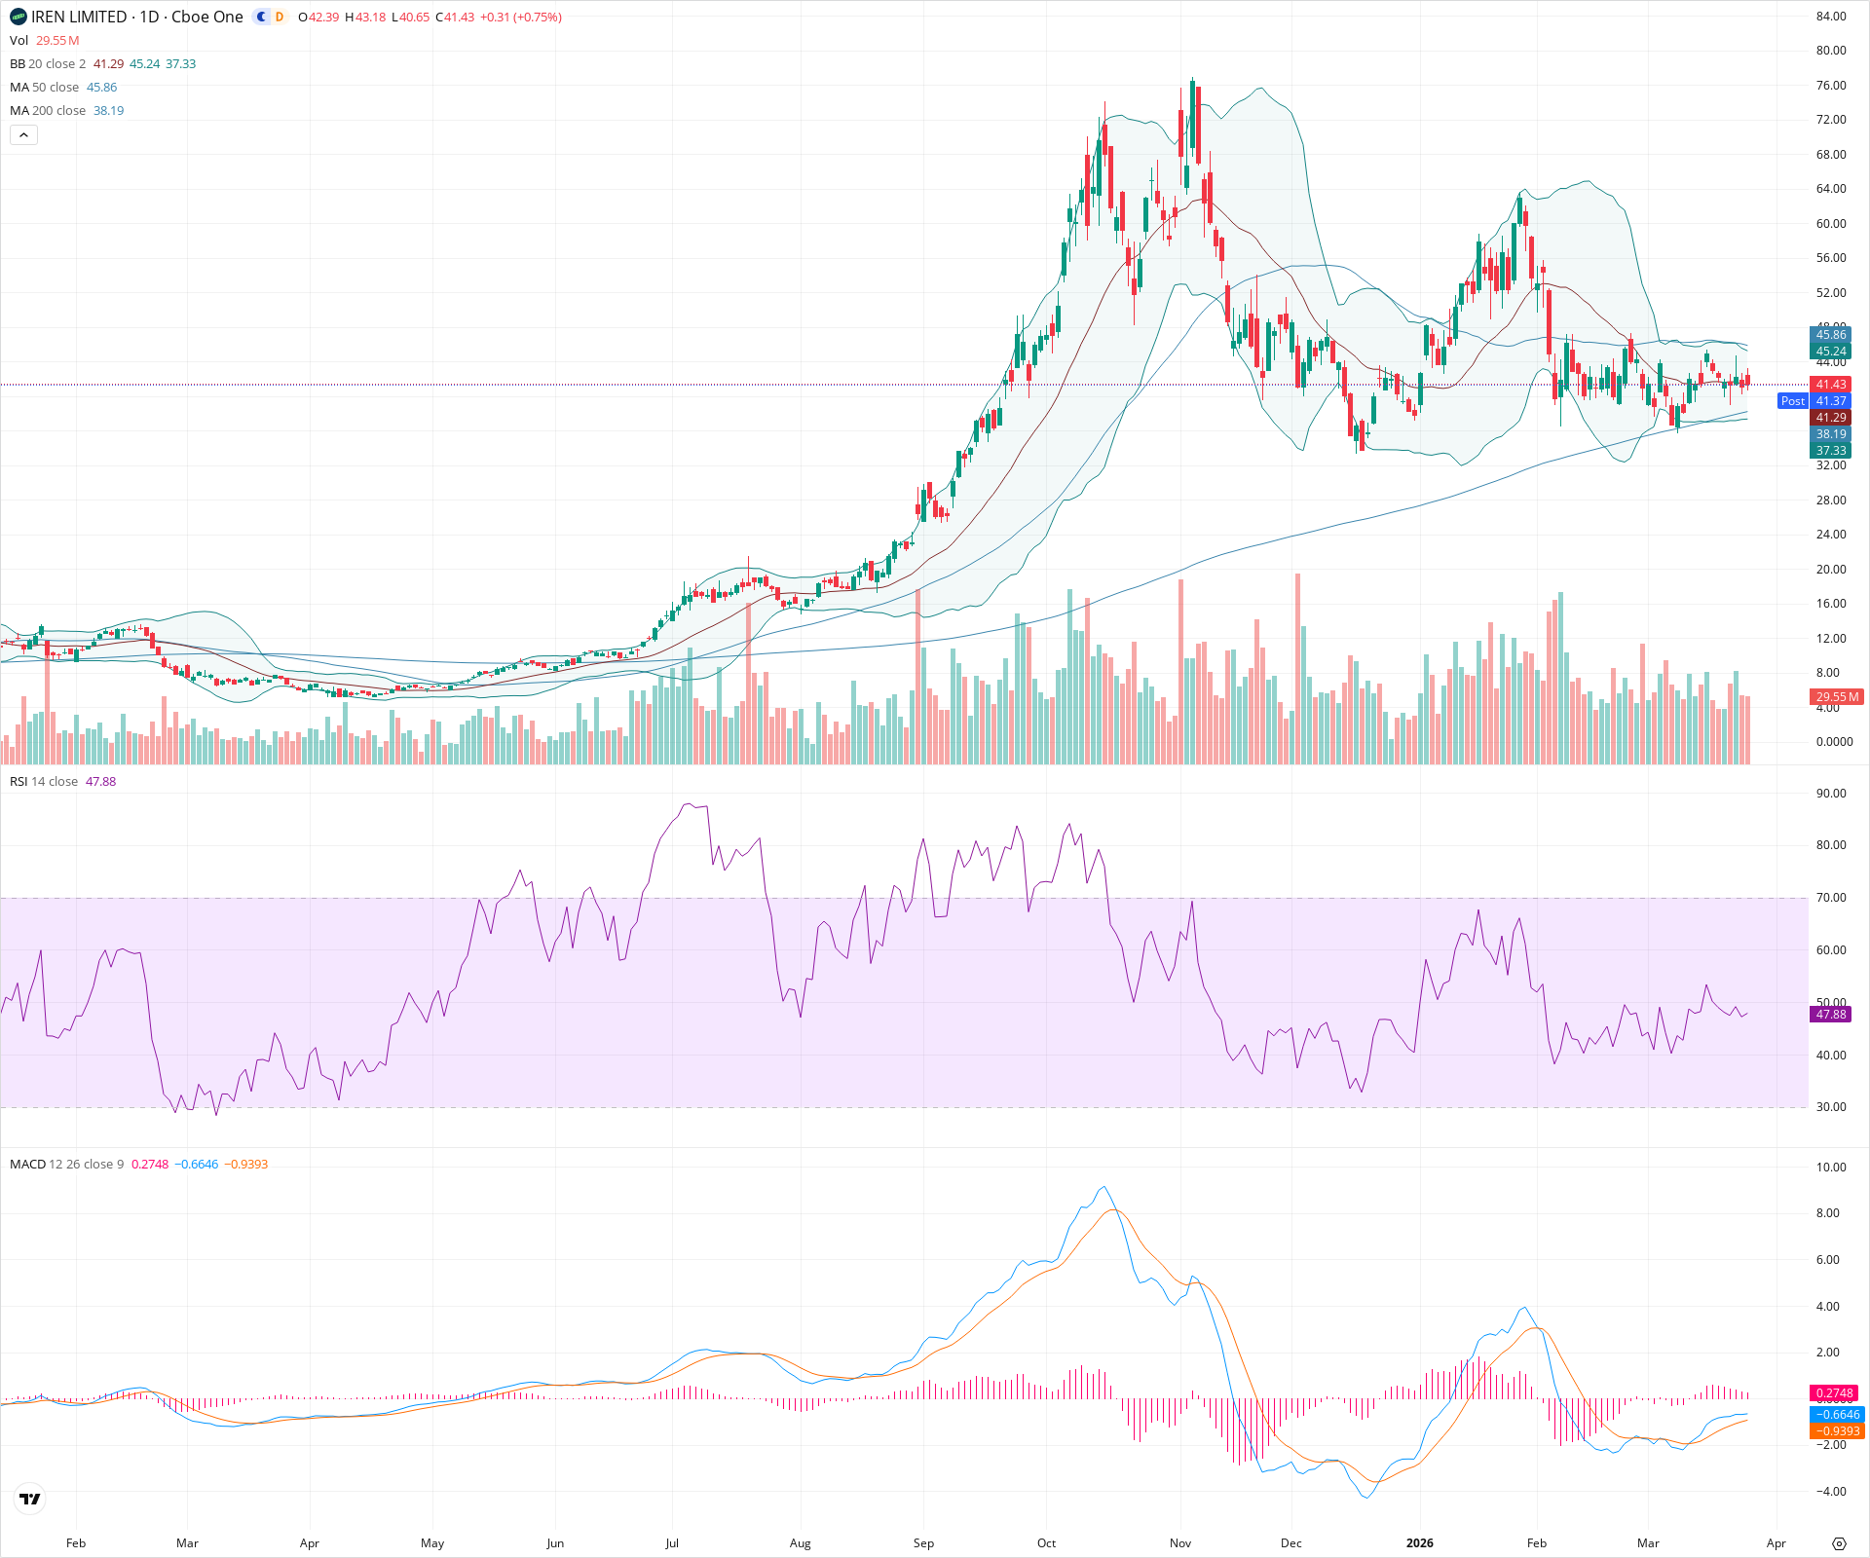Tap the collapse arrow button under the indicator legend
coord(24,135)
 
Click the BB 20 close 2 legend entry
coord(48,64)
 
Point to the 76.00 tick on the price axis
coord(1831,86)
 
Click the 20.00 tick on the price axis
coord(1831,570)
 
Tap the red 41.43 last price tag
coord(1831,385)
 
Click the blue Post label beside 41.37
coord(1792,401)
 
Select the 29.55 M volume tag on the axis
coord(1837,697)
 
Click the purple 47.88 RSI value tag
coord(1831,1015)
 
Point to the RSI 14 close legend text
coord(44,782)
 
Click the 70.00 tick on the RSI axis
coord(1831,898)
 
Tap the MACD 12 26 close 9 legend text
coord(66,1165)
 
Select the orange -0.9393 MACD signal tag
coord(1836,1431)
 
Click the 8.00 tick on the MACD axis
coord(1831,1213)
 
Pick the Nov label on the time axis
coord(1180,1543)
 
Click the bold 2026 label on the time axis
coord(1420,1543)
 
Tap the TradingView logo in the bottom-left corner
coord(30,1499)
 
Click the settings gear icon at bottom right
coord(1839,1543)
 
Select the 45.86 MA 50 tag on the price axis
coord(1831,335)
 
